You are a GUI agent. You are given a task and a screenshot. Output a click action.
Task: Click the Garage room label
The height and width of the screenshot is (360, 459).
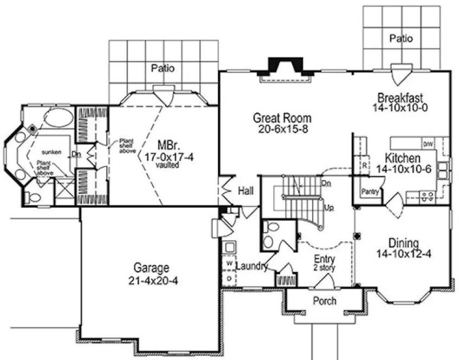coord(152,267)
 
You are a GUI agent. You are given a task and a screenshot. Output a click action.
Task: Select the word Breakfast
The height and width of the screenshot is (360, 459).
coord(400,98)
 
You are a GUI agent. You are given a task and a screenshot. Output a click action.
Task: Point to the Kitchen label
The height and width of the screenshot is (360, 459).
coord(402,158)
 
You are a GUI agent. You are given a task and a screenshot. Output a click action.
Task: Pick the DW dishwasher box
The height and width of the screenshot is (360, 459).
coord(428,144)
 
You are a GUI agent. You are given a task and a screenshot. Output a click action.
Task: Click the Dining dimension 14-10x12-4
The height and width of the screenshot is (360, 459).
coord(406,253)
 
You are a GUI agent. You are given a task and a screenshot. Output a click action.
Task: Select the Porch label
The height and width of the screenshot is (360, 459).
coord(325,301)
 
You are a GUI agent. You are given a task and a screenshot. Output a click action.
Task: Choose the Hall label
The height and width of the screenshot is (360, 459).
coord(245,191)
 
